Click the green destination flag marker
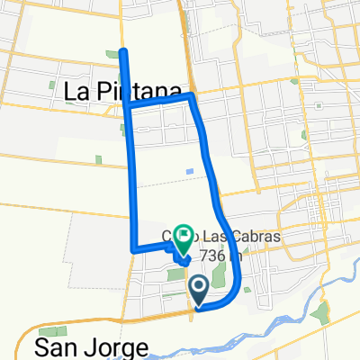coord(183,238)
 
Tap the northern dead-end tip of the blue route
coord(123,50)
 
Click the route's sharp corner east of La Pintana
coord(193,96)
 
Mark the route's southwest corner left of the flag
coord(134,249)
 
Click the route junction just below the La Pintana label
coord(127,107)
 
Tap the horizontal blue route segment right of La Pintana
coord(160,101)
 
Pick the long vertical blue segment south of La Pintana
coord(131,180)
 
